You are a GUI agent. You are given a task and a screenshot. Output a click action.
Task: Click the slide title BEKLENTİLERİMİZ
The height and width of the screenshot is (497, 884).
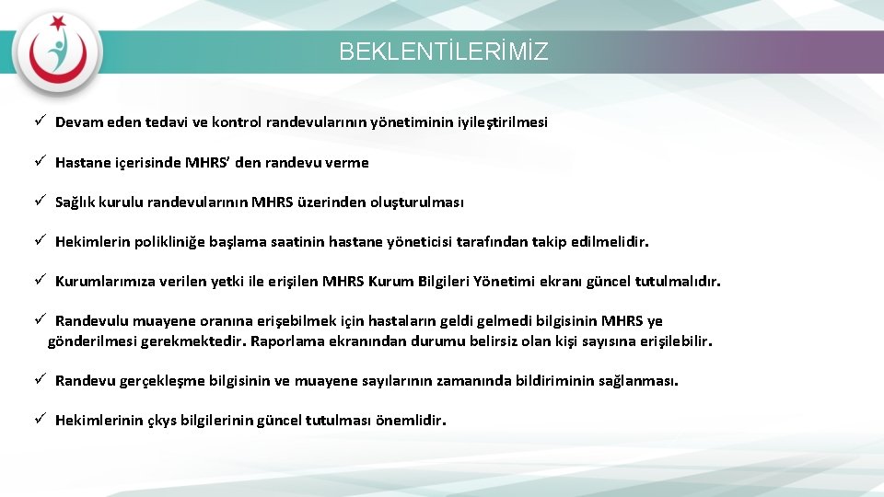pos(443,52)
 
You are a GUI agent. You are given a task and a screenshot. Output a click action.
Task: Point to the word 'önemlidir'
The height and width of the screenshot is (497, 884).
pos(409,421)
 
